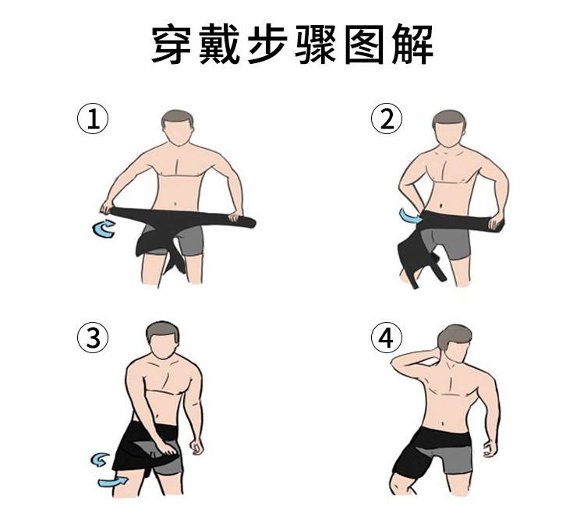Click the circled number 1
coord(93,119)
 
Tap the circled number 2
coord(387,119)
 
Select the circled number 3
coord(93,338)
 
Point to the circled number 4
coord(387,338)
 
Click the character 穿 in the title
coord(171,44)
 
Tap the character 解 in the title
coord(413,44)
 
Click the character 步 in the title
coord(267,44)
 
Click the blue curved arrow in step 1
coord(104,228)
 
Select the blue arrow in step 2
coord(410,217)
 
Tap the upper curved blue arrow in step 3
coord(100,460)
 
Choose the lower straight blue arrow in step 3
coord(112,482)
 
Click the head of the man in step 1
coord(178,127)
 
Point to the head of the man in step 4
coord(454,343)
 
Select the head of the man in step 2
coord(449,128)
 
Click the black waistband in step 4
coord(444,437)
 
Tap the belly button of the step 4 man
coord(443,422)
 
